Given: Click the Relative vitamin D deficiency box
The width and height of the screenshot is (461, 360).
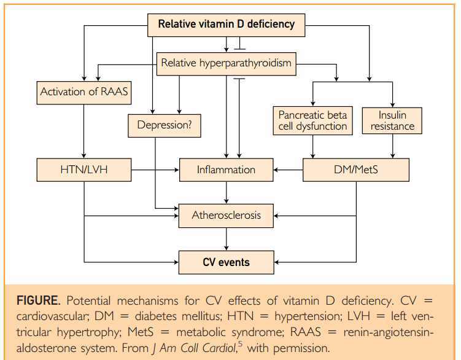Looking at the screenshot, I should [x=227, y=25].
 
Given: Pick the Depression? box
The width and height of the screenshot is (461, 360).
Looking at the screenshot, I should [x=164, y=125].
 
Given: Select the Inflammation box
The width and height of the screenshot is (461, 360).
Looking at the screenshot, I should [x=227, y=170].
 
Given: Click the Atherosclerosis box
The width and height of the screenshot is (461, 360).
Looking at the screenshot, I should [x=227, y=216].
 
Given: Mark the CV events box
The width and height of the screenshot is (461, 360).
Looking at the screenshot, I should [x=227, y=262].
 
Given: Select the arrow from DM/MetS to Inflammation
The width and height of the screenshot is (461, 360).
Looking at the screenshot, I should [x=289, y=170].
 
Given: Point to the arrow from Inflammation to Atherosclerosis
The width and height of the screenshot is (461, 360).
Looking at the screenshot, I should [x=227, y=193].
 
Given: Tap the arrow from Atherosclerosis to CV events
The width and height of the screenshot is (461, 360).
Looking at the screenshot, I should [x=227, y=239].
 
